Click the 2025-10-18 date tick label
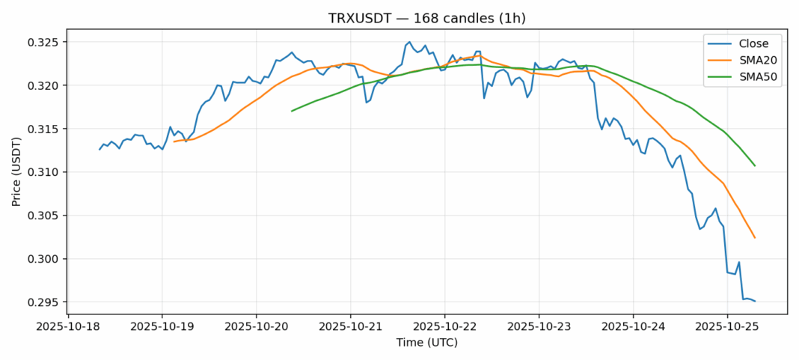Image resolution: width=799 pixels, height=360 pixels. click(68, 326)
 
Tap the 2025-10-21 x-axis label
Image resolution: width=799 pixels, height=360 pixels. click(351, 326)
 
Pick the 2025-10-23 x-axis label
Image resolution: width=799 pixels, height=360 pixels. click(539, 326)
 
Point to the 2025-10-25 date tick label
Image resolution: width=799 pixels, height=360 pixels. click(727, 326)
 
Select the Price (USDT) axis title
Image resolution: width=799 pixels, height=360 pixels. click(18, 172)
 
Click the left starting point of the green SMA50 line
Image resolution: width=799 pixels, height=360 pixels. click(292, 111)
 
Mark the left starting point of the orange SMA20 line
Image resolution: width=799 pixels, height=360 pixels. click(174, 141)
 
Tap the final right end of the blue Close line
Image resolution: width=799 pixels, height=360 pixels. click(755, 301)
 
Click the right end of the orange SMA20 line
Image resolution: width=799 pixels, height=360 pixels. click(755, 238)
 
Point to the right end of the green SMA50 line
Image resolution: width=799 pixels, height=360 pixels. click(755, 165)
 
